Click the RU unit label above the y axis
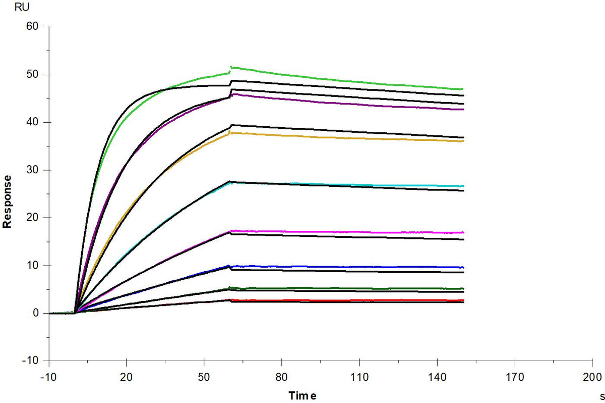pyautogui.click(x=22, y=7)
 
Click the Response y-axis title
pyautogui.click(x=7, y=202)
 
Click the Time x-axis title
pyautogui.click(x=302, y=396)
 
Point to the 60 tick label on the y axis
pyautogui.click(x=32, y=26)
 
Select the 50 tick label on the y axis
pyautogui.click(x=32, y=74)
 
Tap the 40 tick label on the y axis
pyautogui.click(x=32, y=122)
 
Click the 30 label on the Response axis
pyautogui.click(x=32, y=170)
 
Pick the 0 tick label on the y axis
pyautogui.click(x=36, y=313)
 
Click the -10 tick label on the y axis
pyautogui.click(x=31, y=361)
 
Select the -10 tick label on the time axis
pyautogui.click(x=48, y=377)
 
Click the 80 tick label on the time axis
pyautogui.click(x=281, y=377)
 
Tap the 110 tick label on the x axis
pyautogui.click(x=359, y=377)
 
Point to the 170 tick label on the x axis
pyautogui.click(x=515, y=377)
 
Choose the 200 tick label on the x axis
pyautogui.click(x=592, y=377)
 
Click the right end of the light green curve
pyautogui.click(x=463, y=89)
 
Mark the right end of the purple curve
pyautogui.click(x=464, y=110)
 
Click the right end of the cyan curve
pyautogui.click(x=464, y=186)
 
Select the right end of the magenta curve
pyautogui.click(x=464, y=232)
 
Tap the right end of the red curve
pyautogui.click(x=464, y=300)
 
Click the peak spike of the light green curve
pyautogui.click(x=231, y=67)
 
